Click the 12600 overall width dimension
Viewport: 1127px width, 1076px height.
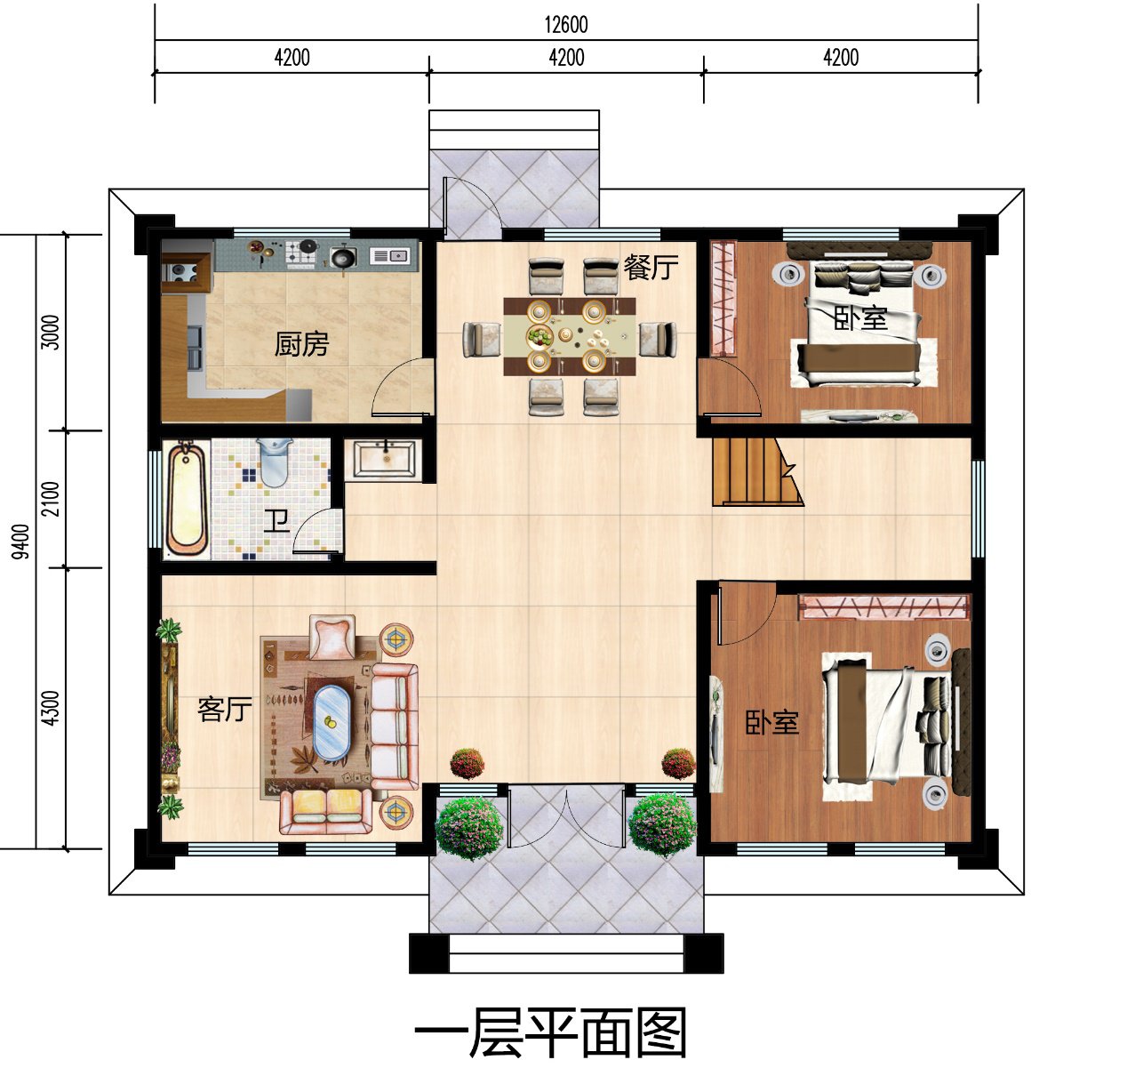(565, 24)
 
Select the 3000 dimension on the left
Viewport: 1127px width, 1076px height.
(52, 333)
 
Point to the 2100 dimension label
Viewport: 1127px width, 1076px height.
(52, 499)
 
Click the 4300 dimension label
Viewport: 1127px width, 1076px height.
(52, 708)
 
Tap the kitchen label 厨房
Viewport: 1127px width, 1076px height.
(301, 343)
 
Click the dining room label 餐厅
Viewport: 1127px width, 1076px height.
(651, 266)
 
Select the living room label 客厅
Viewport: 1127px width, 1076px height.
(224, 709)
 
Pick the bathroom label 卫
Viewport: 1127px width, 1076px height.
(276, 520)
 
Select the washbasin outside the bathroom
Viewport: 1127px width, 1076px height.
(384, 460)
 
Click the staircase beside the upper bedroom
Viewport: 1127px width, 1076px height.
(752, 470)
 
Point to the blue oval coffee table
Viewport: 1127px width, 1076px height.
(331, 722)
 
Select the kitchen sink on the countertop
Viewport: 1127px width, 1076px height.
(389, 256)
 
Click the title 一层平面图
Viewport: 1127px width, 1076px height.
(551, 1034)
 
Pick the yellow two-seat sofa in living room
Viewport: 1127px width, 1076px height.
(325, 809)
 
